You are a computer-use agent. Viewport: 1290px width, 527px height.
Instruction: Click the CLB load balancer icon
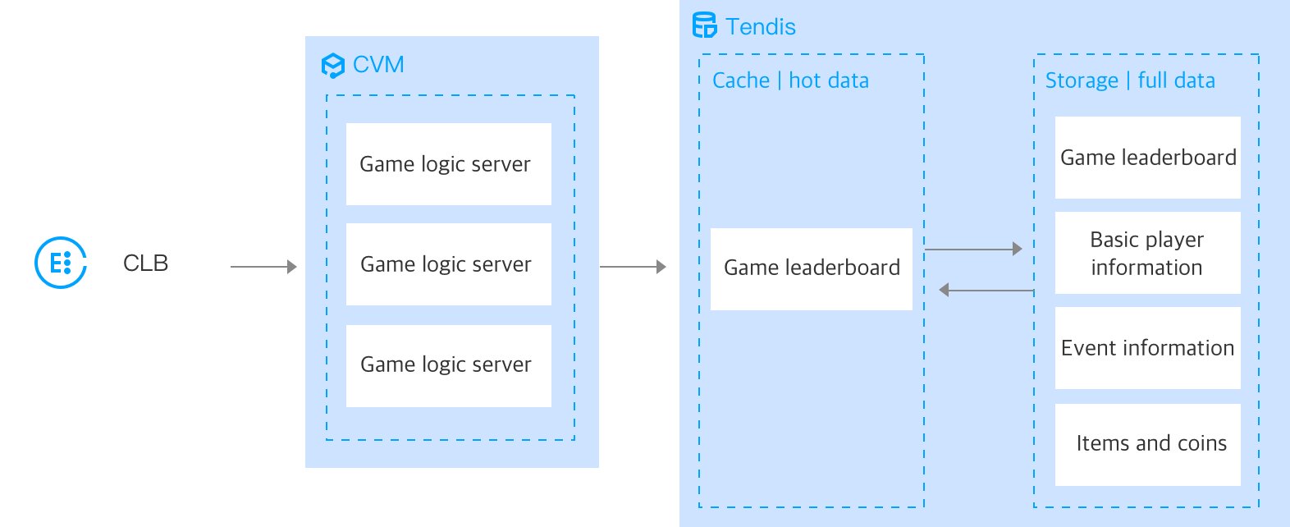click(x=60, y=263)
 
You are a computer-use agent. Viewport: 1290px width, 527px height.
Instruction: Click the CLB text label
click(x=145, y=263)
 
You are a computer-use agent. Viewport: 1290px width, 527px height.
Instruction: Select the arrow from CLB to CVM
click(x=263, y=267)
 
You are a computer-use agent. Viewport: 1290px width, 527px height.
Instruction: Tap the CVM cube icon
click(x=332, y=65)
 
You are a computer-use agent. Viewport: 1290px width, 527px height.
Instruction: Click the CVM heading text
click(x=378, y=64)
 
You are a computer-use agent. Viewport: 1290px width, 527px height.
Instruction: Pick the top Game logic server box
click(x=448, y=164)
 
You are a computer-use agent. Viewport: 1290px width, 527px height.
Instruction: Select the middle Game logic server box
click(x=448, y=264)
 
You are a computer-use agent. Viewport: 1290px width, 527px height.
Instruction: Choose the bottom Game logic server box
click(x=448, y=365)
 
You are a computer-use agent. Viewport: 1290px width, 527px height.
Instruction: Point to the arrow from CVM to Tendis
click(x=633, y=267)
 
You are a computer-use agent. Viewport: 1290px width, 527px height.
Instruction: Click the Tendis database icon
click(x=704, y=25)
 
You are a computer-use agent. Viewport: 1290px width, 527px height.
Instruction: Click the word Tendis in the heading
click(x=761, y=27)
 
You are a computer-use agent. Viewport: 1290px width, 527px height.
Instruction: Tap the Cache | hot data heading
click(x=790, y=80)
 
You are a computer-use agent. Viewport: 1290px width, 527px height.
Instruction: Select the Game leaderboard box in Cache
click(x=811, y=268)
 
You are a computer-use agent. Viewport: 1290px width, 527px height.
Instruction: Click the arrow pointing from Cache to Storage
click(x=973, y=249)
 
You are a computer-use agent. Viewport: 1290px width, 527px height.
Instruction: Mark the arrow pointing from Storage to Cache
click(x=986, y=290)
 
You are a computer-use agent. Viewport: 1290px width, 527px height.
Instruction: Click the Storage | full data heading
click(x=1130, y=80)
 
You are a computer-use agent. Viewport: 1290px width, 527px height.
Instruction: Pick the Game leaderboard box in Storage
click(x=1147, y=158)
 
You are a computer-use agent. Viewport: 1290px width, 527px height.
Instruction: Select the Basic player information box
click(x=1147, y=253)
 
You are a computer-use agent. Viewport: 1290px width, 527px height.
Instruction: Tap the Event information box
click(x=1147, y=348)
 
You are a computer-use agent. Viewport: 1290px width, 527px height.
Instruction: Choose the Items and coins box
click(x=1147, y=444)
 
